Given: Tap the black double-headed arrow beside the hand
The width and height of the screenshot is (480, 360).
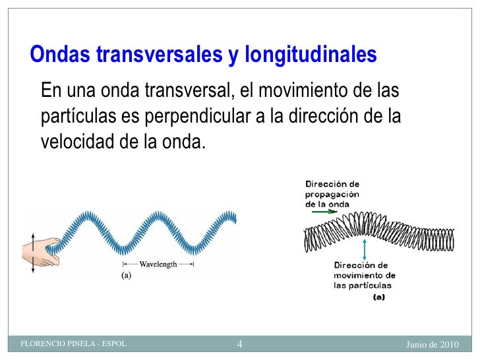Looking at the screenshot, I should pos(32,253).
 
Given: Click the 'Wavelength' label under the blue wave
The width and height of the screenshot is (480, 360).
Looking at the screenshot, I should pos(158,264).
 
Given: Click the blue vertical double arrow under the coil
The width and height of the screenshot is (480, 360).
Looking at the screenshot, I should pos(365,249).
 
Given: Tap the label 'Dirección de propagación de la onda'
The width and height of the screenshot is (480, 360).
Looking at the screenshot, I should pos(332,194).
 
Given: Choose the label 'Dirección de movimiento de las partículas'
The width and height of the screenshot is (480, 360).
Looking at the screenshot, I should pos(364,275).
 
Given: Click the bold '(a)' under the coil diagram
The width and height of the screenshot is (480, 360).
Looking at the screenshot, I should pos(379,297).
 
